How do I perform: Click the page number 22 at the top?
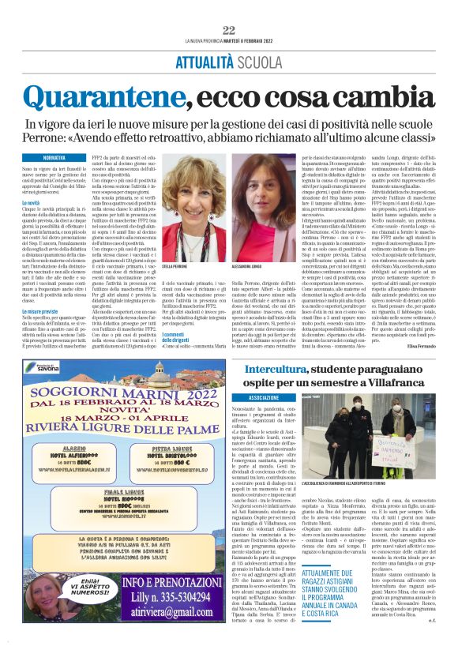[x=229, y=30]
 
